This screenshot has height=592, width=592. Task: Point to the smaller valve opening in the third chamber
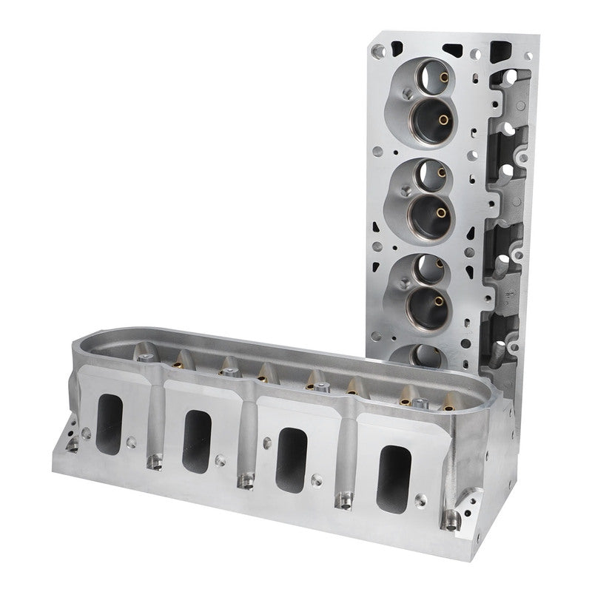click(x=423, y=268)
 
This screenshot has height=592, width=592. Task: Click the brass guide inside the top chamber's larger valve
click(x=443, y=118)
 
